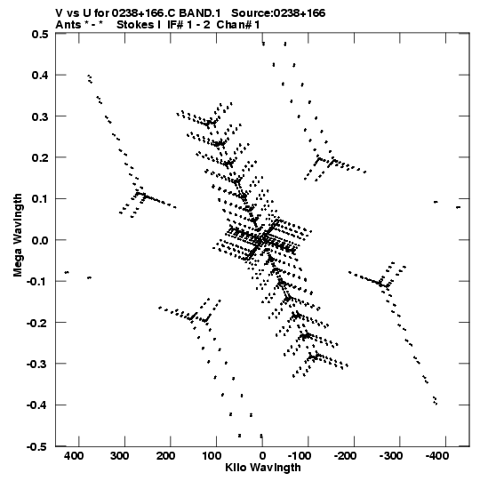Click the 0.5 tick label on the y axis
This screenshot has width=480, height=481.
[x=40, y=34]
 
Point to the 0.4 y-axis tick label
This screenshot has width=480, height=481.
[x=40, y=75]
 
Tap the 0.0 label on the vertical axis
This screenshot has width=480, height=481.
[x=40, y=240]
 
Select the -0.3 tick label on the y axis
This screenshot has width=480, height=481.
[x=37, y=365]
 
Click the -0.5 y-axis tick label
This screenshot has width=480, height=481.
[x=37, y=446]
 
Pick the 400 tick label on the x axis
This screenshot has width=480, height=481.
[x=74, y=456]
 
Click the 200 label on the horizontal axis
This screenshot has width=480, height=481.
[x=165, y=456]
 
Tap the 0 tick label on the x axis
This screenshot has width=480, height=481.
[x=262, y=456]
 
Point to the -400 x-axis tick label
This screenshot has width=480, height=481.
[x=437, y=456]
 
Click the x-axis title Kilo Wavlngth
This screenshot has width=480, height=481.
[x=263, y=468]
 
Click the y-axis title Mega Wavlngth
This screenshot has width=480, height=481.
[x=18, y=236]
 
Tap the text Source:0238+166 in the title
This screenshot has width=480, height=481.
[x=278, y=13]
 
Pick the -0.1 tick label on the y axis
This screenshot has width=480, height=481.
[x=37, y=281]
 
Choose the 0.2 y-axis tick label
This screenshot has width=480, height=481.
[x=40, y=157]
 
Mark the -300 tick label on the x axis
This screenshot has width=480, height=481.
[x=391, y=456]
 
